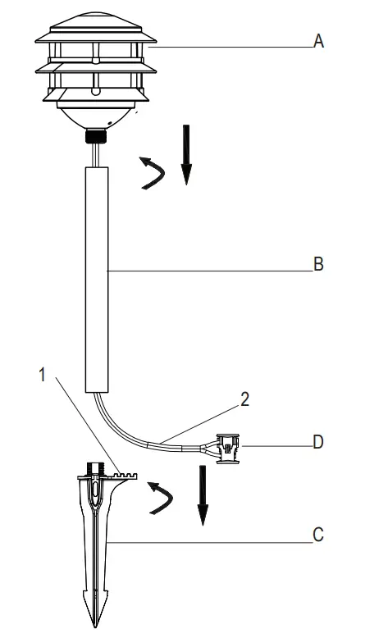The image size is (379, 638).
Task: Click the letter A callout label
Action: point(318,41)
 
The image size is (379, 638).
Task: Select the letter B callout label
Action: point(318,264)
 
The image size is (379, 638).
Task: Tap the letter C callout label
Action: point(318,535)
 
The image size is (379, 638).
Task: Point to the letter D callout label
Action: point(318,442)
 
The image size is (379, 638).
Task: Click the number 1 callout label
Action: point(43,375)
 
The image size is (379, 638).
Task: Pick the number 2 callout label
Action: point(244,399)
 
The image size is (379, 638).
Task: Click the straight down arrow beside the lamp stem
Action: point(186,155)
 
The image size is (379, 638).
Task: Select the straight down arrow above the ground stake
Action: point(203,495)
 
